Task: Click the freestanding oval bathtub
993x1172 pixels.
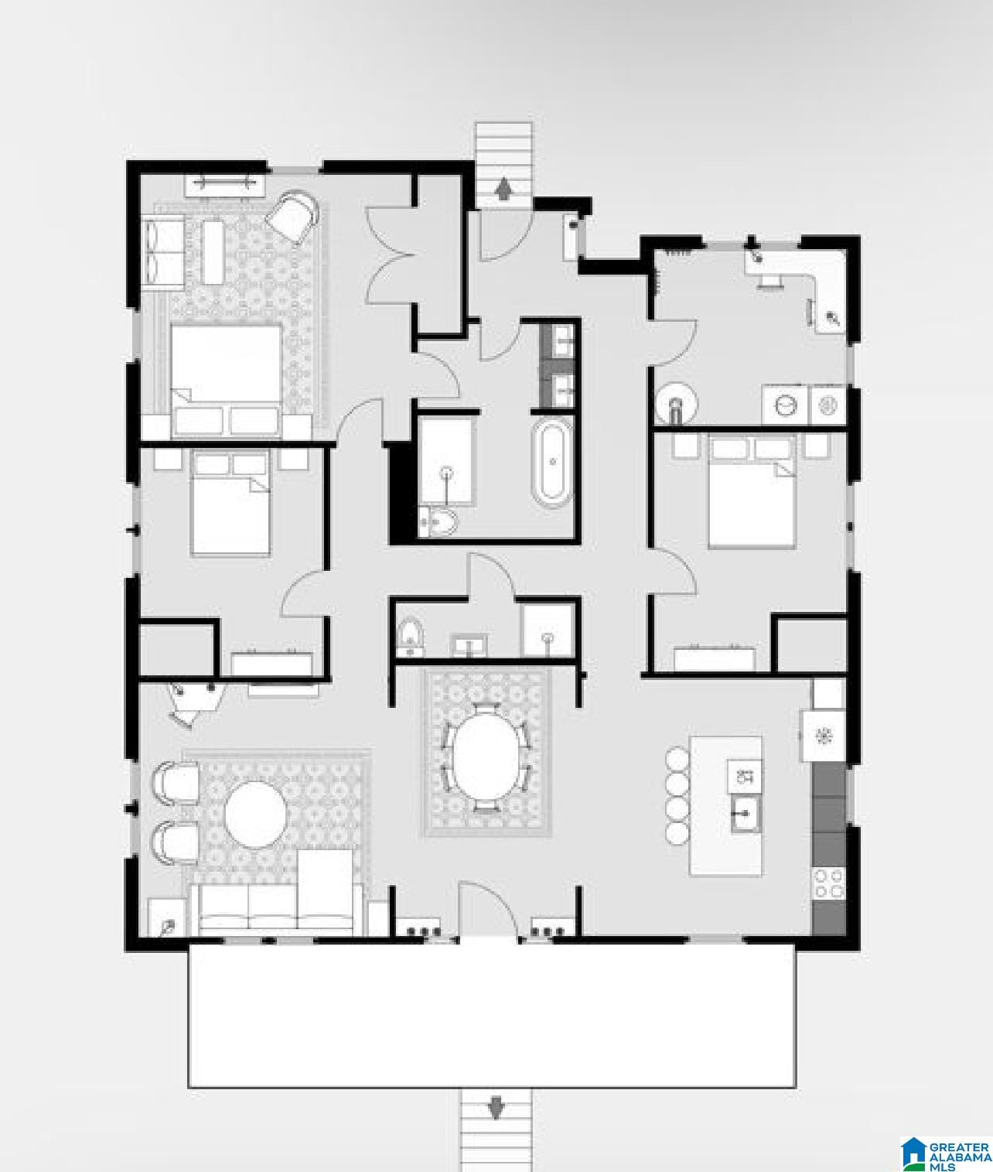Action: click(551, 461)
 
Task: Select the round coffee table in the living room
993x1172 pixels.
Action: click(255, 815)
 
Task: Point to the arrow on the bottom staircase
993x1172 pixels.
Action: click(496, 1109)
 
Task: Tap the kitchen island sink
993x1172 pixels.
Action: click(745, 815)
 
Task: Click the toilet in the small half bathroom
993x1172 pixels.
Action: click(411, 637)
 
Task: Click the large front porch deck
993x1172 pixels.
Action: click(492, 1015)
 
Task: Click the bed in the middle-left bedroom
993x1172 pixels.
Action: click(230, 503)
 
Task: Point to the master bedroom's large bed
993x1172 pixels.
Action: click(226, 381)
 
